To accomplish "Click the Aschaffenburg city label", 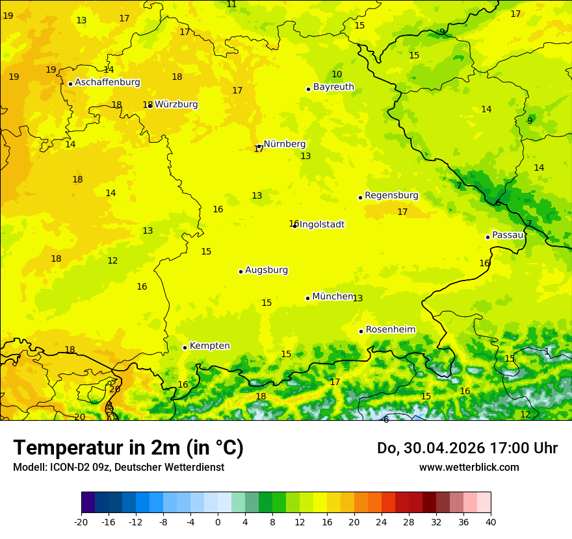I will tap(107, 82).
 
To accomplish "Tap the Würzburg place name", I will tap(176, 105).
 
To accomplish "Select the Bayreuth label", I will tap(333, 87).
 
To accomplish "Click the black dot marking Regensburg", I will tap(360, 197).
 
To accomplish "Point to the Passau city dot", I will tap(487, 237).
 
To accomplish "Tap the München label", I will tap(333, 297).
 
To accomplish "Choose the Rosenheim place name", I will tap(390, 330).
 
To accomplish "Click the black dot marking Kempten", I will tap(185, 347).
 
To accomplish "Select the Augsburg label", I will tap(266, 270).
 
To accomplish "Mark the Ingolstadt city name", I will tap(322, 225).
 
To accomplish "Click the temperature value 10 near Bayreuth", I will tap(337, 75).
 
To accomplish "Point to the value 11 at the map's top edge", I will tap(231, 5).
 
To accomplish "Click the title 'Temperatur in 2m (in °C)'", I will tap(128, 447).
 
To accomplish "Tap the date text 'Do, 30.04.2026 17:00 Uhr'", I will tap(467, 448).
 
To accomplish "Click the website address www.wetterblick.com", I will tap(469, 467).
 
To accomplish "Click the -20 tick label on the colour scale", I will tap(81, 521).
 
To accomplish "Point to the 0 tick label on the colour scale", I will tap(218, 521).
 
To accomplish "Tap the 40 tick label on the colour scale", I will tap(491, 521).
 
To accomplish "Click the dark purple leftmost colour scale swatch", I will tap(88, 503).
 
